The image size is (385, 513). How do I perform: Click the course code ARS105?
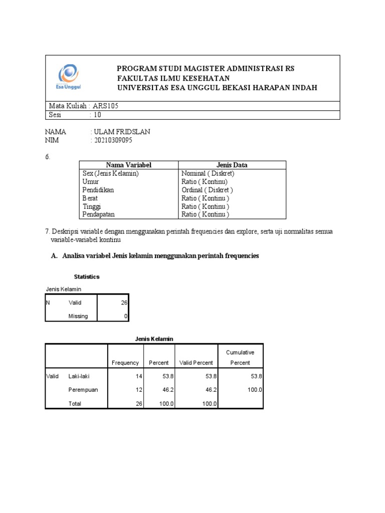point(106,106)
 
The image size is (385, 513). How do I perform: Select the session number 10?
point(97,115)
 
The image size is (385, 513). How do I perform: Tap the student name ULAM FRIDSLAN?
point(121,132)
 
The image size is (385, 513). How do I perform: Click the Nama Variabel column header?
point(128,165)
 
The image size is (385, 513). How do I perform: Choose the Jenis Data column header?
point(232,165)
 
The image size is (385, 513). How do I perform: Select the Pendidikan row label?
point(98,190)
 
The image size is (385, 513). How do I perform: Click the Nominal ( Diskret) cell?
point(208,173)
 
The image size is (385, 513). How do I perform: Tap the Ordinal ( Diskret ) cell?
point(207,190)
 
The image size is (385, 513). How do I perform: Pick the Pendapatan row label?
point(99,214)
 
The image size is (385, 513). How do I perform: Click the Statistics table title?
point(87,277)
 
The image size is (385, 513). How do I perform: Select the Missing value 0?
point(126,316)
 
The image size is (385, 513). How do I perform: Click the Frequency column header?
point(125,363)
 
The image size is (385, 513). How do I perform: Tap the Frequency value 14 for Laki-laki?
point(139,376)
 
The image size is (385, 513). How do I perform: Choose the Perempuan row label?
point(83,390)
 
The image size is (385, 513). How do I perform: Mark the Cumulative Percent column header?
point(240,358)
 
